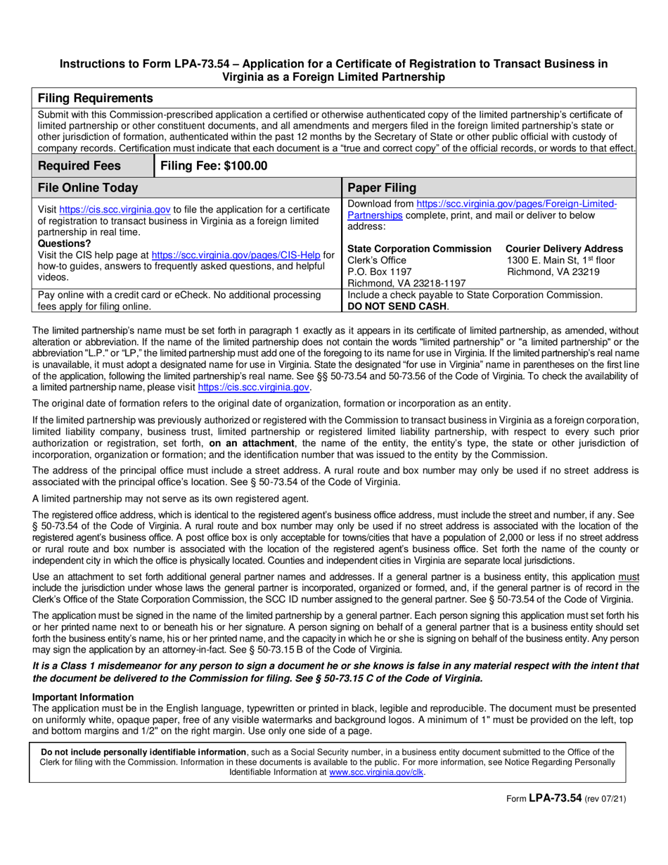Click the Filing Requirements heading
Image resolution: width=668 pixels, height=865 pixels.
pos(95,98)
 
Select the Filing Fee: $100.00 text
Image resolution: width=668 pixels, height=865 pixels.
pos(214,166)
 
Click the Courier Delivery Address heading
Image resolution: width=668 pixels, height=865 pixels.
pos(564,249)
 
